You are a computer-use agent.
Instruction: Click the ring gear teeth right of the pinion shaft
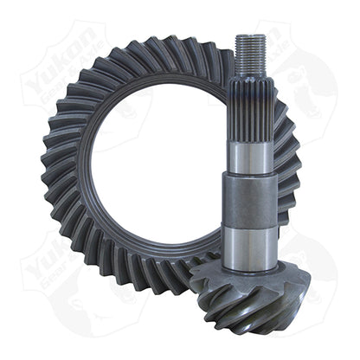click(290, 173)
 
